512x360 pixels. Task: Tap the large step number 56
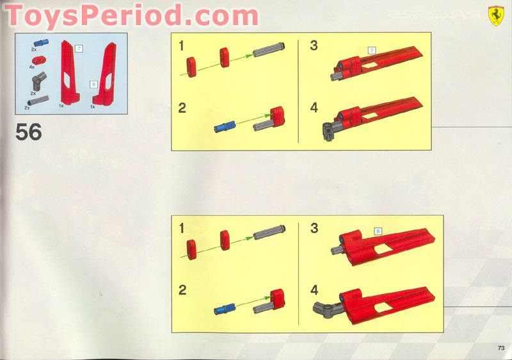click(29, 133)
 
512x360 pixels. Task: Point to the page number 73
click(500, 348)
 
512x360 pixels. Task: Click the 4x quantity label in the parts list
click(31, 67)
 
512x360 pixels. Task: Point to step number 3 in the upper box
click(314, 45)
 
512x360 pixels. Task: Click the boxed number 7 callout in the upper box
click(371, 50)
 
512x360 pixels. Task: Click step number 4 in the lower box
click(314, 290)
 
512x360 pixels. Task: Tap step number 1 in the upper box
click(182, 45)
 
